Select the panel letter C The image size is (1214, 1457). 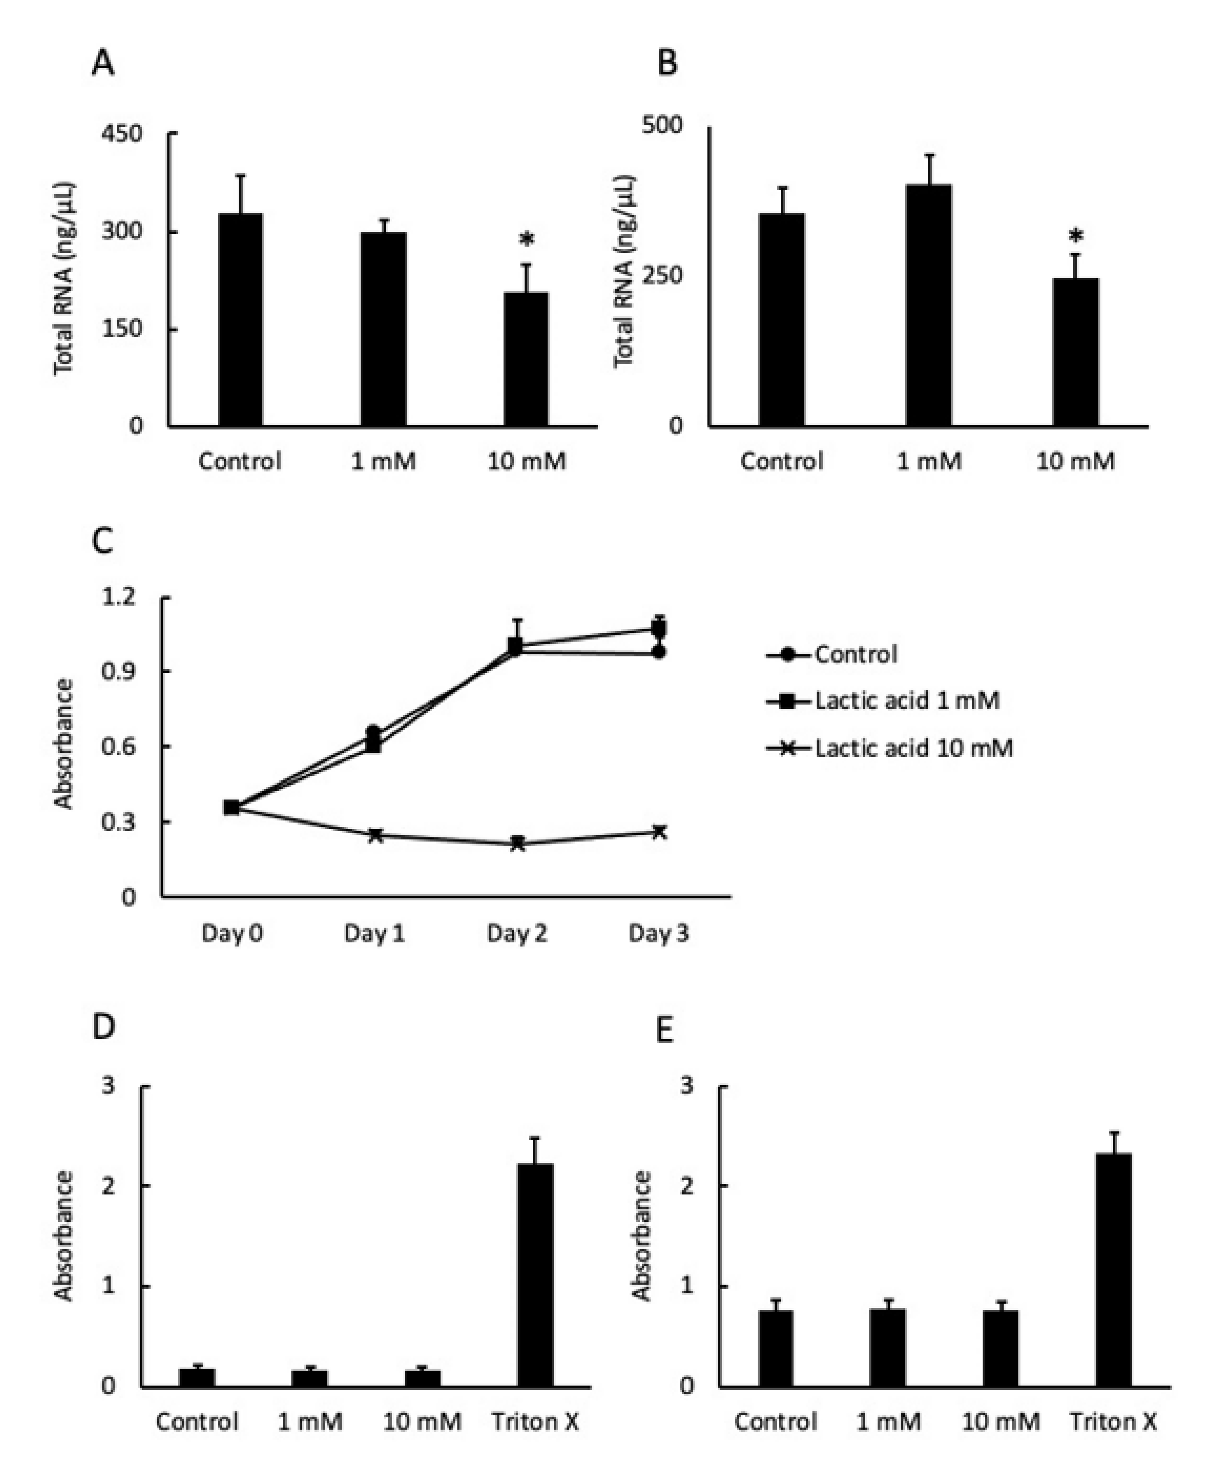pyautogui.click(x=103, y=540)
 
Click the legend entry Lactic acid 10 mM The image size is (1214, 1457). pyautogui.click(x=913, y=748)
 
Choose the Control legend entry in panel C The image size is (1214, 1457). pyautogui.click(x=855, y=654)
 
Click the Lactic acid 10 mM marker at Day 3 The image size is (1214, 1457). pyautogui.click(x=659, y=831)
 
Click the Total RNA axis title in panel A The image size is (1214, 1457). pyautogui.click(x=64, y=278)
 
